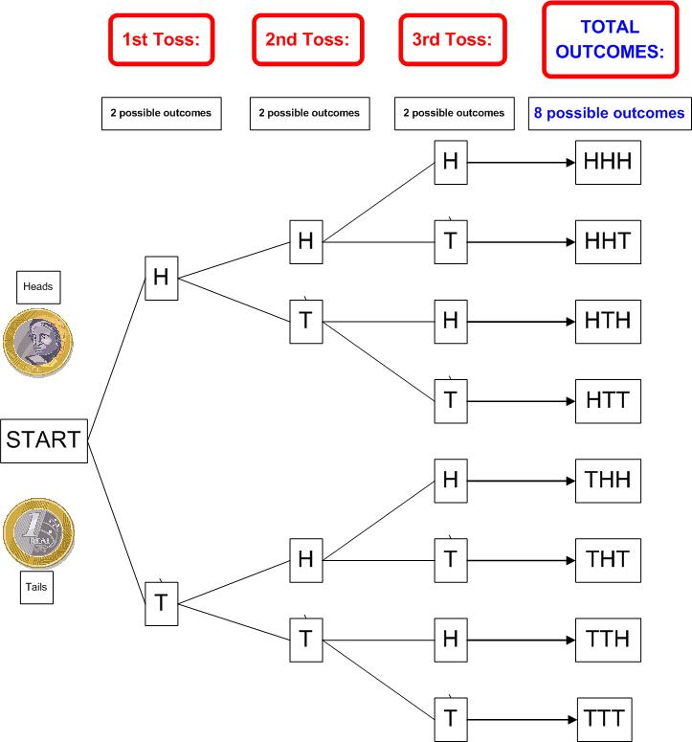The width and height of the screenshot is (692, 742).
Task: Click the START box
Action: tap(44, 440)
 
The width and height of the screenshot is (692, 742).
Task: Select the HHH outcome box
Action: tap(608, 163)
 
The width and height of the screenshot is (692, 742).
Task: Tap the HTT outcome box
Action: tap(608, 401)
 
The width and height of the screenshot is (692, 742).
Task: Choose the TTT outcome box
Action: tap(605, 719)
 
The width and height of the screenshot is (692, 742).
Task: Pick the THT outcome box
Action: tap(608, 560)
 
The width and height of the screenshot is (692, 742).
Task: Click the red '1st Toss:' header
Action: tap(162, 40)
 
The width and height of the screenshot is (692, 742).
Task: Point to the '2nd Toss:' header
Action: tap(308, 40)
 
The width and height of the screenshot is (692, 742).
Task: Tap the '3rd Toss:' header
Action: tap(453, 40)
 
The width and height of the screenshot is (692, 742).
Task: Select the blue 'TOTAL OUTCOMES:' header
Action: tap(611, 40)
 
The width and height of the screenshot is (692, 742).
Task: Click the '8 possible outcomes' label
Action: tap(610, 114)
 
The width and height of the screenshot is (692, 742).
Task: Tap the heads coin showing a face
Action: tap(38, 343)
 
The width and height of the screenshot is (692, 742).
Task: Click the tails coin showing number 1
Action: tap(39, 532)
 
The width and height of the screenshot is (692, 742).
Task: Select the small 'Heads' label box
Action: tap(38, 287)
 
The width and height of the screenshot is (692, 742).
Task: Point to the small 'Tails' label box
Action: tap(36, 587)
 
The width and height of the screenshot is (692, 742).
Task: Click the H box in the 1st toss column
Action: tap(162, 279)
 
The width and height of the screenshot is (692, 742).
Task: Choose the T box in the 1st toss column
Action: tap(162, 604)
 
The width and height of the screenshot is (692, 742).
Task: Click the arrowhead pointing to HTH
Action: tap(570, 322)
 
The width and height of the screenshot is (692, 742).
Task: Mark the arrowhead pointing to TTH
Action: tap(570, 641)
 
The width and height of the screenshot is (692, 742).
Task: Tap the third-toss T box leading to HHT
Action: tap(451, 242)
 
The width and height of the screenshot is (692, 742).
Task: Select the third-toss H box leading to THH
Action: tap(451, 481)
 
